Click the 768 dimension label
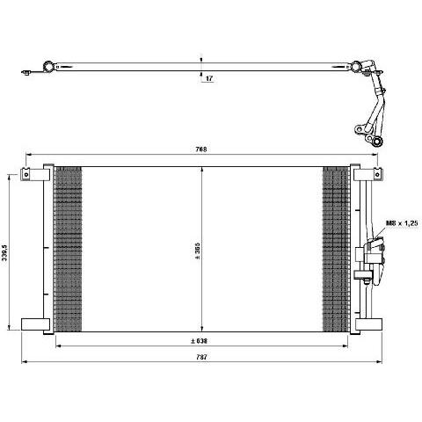coord(201,149)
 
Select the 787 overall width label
coord(202,357)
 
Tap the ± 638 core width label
coord(199,341)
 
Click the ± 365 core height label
coord(197,251)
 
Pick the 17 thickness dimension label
coord(209,78)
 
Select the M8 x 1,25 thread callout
coord(401,223)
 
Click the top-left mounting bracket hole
coord(26,175)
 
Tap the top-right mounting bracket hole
coord(377,175)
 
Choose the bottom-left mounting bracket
coord(35,324)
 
